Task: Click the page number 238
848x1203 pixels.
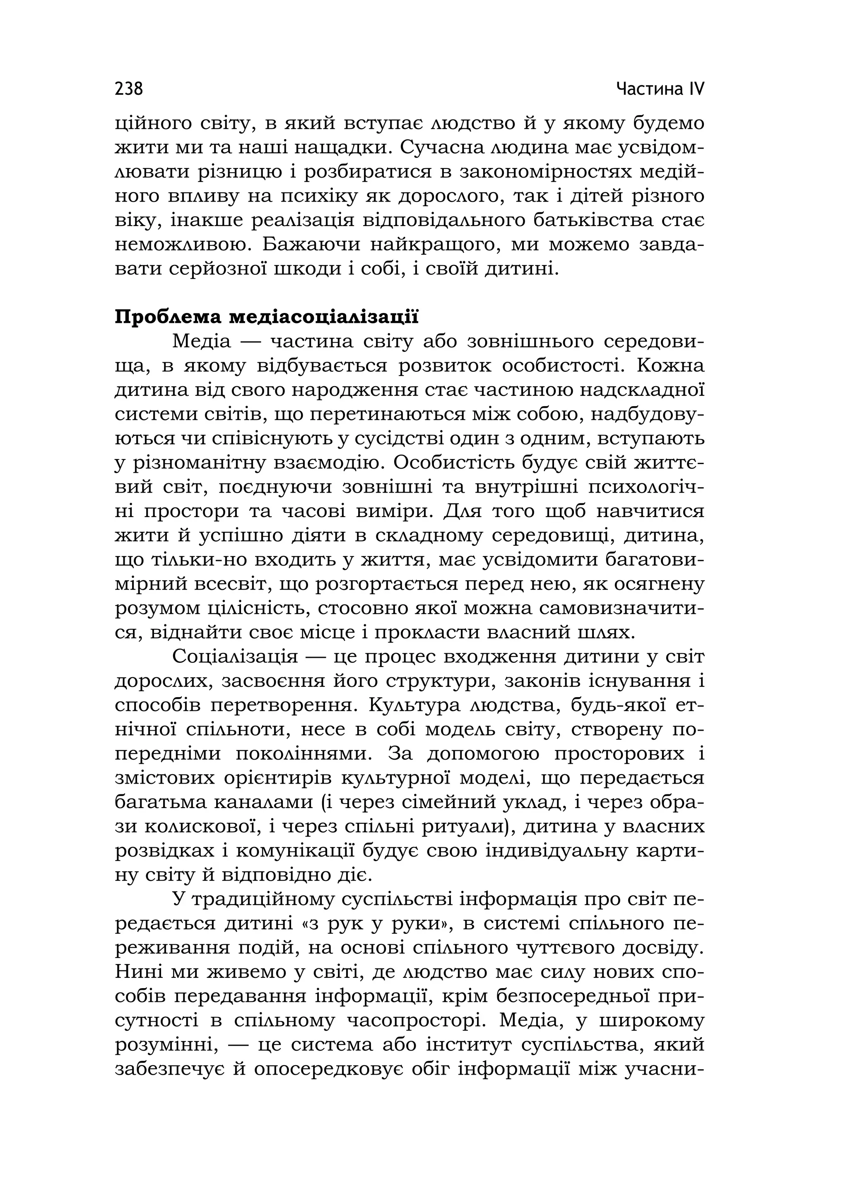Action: pyautogui.click(x=128, y=89)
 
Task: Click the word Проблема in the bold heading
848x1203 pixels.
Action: pyautogui.click(x=167, y=318)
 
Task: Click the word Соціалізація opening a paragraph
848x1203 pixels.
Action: pyautogui.click(x=235, y=657)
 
